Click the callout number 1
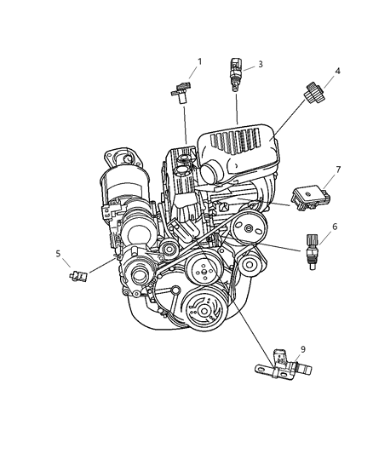point(200,61)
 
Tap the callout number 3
point(261,64)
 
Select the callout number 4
point(338,72)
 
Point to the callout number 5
point(59,253)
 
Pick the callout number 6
point(335,227)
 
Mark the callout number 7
point(338,170)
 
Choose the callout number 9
point(303,348)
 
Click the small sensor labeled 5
point(78,275)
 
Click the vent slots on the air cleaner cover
point(251,142)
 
